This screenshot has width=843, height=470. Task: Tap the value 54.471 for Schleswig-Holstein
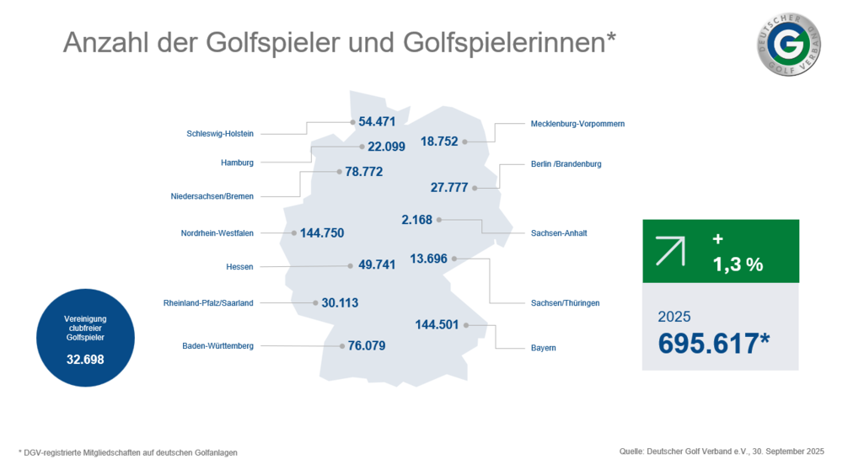click(x=377, y=121)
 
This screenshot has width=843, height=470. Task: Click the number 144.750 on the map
click(x=322, y=232)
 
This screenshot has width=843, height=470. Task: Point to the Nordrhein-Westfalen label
click(x=217, y=233)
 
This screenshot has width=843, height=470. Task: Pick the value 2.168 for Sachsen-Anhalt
click(x=416, y=220)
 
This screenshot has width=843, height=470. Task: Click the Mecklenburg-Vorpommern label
click(x=577, y=124)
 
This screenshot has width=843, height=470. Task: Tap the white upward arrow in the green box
click(x=670, y=251)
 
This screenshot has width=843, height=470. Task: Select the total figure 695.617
click(x=715, y=343)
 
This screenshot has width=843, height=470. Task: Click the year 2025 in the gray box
click(x=674, y=317)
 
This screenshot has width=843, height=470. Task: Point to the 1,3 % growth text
click(x=738, y=264)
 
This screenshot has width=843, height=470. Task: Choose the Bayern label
click(x=543, y=348)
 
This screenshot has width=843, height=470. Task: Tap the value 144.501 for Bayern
click(x=437, y=324)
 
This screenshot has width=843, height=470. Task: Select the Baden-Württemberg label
click(x=217, y=345)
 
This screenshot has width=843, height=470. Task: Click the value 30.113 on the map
click(x=341, y=302)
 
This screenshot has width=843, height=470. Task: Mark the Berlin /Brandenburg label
click(x=566, y=164)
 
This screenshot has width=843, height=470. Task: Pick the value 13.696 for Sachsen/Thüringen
click(x=428, y=259)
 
